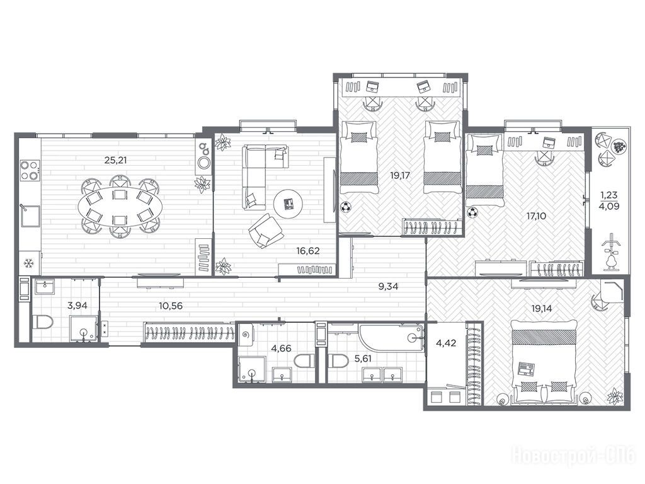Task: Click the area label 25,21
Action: tap(115, 160)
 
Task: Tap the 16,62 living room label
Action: tap(307, 251)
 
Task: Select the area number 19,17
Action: tap(400, 176)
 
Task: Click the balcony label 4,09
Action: tap(609, 206)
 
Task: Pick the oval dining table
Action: tap(119, 206)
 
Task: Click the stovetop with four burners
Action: tap(30, 171)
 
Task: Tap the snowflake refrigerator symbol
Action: tap(28, 263)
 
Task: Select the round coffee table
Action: tap(288, 204)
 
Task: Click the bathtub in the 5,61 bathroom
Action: tap(391, 340)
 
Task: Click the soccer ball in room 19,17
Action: tap(346, 207)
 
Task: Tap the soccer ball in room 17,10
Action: tap(473, 213)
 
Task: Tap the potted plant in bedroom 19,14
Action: tap(616, 397)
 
